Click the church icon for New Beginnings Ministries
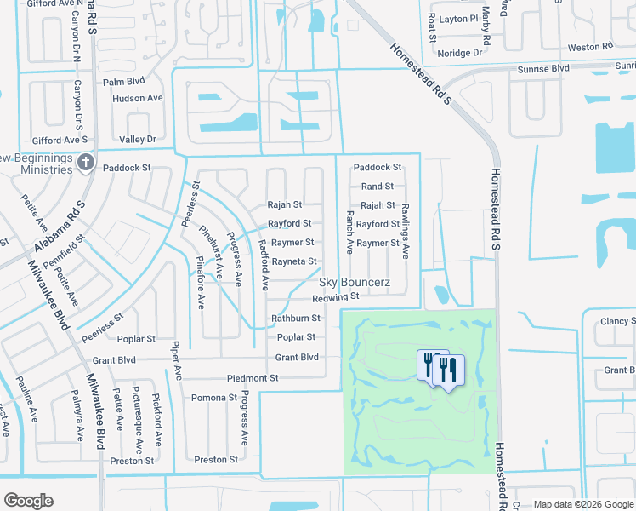pos(85,162)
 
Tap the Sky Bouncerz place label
pos(354,282)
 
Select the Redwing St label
pos(336,297)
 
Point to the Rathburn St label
pos(295,319)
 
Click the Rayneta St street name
pos(293,261)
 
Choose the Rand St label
pos(378,187)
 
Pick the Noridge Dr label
pos(460,53)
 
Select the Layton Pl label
pos(460,19)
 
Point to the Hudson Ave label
pos(137,99)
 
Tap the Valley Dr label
pos(138,140)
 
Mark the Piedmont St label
pos(253,378)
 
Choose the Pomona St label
pos(214,398)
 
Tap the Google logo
pos(28,501)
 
